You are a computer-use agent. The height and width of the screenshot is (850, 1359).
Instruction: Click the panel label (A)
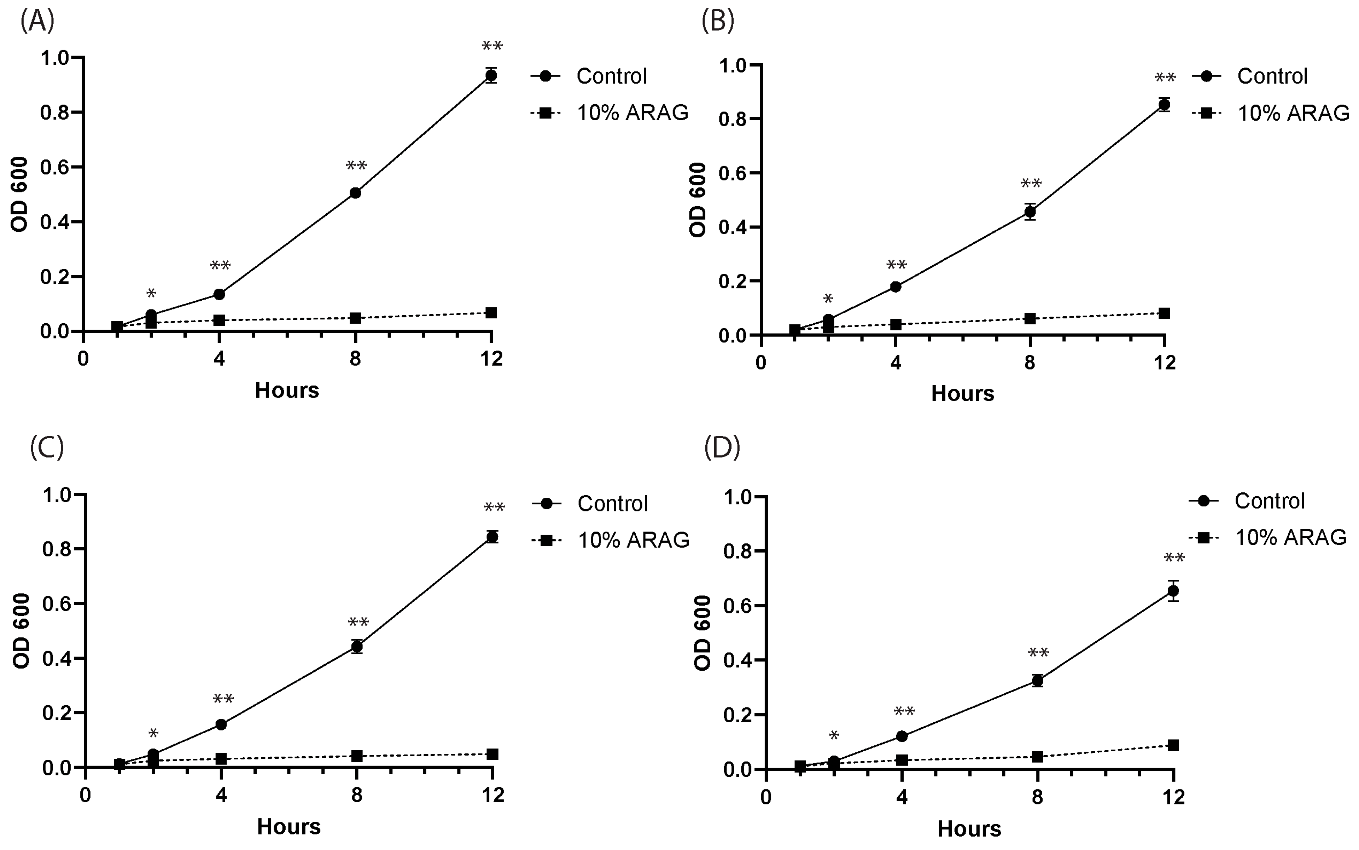coord(37,21)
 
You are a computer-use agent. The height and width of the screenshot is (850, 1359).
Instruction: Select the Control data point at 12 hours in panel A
coord(491,75)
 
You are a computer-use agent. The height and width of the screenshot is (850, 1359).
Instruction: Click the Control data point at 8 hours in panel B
coord(1030,212)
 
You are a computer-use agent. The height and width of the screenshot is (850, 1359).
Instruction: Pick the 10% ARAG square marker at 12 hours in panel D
coord(1173,745)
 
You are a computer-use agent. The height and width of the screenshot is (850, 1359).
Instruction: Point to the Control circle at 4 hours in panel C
coord(221,725)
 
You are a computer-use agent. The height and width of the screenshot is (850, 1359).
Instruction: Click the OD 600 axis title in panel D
coord(703,633)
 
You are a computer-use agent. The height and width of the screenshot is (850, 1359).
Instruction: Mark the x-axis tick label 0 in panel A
coord(83,359)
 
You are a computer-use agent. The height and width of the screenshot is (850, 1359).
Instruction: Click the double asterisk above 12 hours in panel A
coord(492,46)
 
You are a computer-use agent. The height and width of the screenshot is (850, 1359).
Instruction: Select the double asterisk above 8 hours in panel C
coord(358,622)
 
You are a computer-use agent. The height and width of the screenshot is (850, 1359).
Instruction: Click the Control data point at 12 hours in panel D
coord(1173,591)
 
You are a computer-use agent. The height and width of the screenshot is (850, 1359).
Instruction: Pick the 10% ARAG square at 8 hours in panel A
coord(355,318)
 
